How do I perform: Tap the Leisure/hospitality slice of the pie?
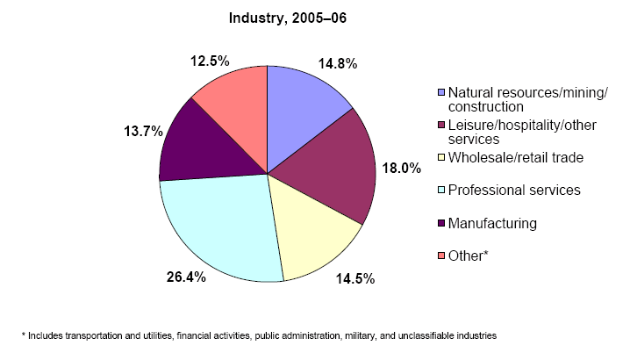pos(338,167)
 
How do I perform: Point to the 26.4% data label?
pos(185,277)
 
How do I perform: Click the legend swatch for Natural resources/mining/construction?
pos(440,92)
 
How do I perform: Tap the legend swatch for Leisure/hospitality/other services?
pos(440,125)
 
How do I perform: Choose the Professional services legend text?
pos(514,190)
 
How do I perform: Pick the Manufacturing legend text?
pos(491,223)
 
